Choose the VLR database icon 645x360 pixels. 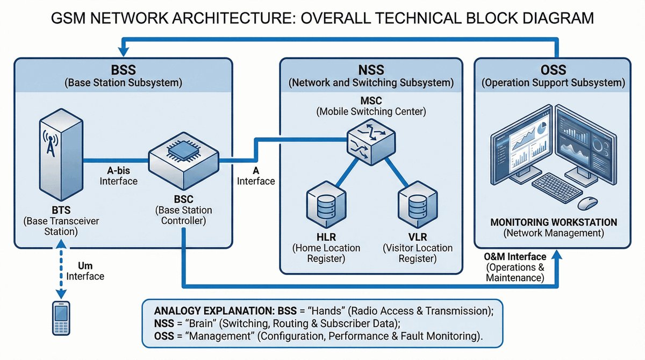pos(417,207)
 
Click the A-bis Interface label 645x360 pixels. pos(119,175)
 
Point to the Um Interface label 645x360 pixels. pos(85,270)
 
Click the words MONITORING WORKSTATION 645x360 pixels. pos(554,222)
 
